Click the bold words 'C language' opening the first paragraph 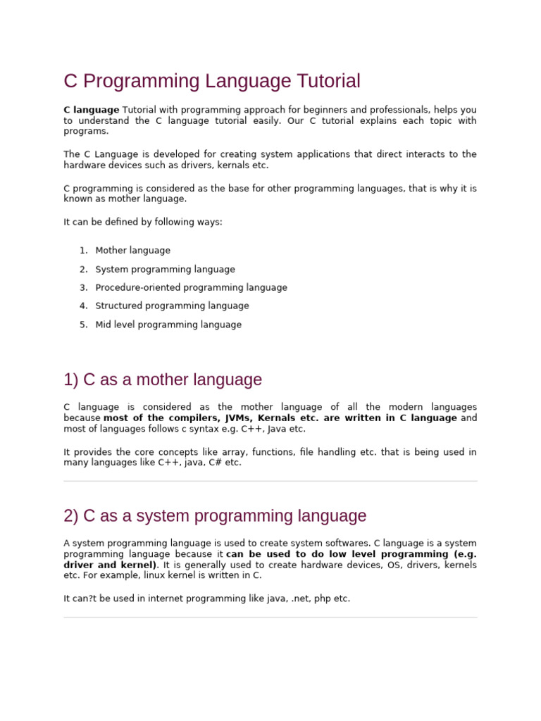pos(92,110)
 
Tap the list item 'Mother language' pos(132,251)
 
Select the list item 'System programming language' pos(165,269)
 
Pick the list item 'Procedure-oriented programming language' pos(191,287)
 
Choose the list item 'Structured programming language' pos(172,306)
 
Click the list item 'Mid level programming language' pos(168,325)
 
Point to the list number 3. pos(83,287)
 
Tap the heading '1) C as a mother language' pos(163,380)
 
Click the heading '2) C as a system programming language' pos(215,516)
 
